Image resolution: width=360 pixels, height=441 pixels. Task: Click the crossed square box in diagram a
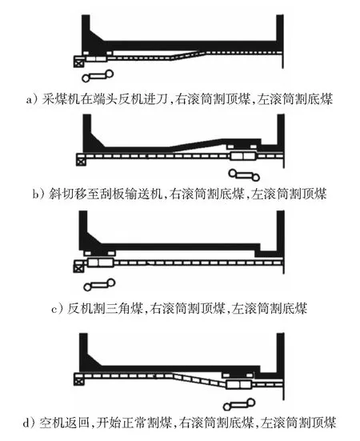[x=78, y=62]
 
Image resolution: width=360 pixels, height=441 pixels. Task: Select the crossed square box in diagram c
[x=78, y=267]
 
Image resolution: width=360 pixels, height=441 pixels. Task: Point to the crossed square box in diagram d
[x=78, y=380]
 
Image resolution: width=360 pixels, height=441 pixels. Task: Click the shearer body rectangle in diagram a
[x=96, y=59]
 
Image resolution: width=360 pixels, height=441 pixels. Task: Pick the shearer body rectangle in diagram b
[x=243, y=156]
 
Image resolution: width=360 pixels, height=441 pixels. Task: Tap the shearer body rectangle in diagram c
[x=101, y=263]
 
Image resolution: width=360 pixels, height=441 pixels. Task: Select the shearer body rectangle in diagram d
[x=239, y=384]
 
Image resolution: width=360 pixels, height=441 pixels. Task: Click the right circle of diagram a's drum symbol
[x=109, y=74]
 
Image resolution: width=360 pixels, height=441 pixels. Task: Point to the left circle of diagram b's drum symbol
[x=233, y=173]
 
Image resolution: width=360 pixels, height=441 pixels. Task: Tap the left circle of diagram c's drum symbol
[x=87, y=287]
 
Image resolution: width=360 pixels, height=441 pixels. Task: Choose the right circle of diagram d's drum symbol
[x=251, y=403]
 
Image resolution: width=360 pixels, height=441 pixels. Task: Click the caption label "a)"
[x=31, y=99]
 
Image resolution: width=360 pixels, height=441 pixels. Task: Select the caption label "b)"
[x=38, y=194]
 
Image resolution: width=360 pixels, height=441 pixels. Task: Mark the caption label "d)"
[x=29, y=423]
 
